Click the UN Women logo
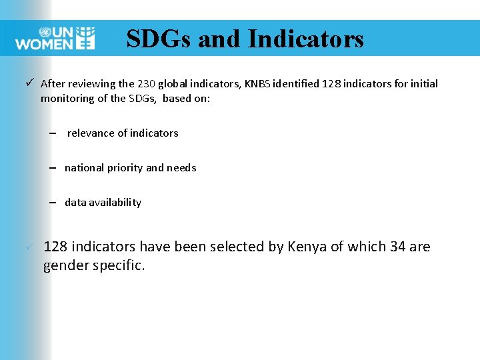pos(55,39)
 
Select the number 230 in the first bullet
pos(145,84)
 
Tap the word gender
pos(65,266)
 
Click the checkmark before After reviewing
pos(31,83)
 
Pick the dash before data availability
pos(52,203)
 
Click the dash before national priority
pos(52,168)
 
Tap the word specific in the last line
pos(120,266)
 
